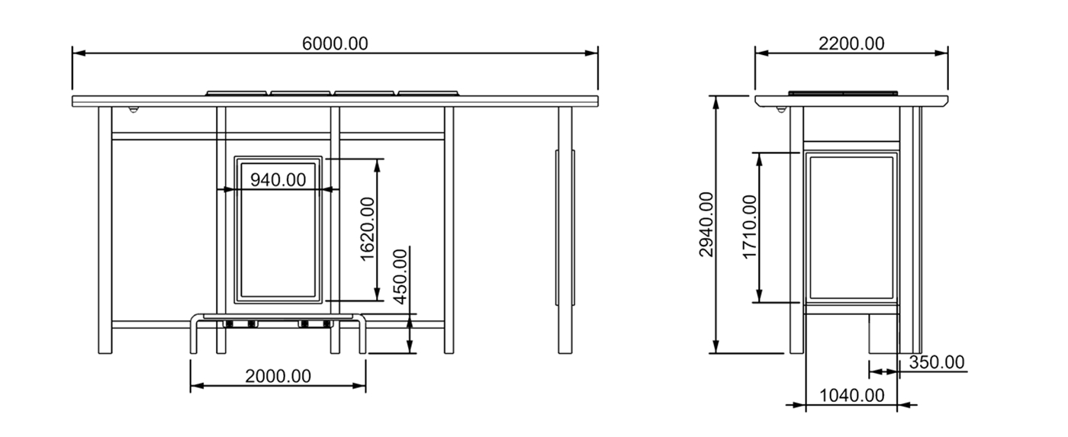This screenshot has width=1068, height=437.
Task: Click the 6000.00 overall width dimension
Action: click(335, 43)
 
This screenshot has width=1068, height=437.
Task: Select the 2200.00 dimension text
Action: click(851, 43)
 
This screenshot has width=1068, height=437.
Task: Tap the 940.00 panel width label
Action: click(278, 180)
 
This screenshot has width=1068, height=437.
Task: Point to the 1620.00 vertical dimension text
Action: click(368, 229)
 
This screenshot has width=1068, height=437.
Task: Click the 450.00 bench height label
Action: click(400, 276)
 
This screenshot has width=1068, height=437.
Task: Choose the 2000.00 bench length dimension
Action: click(278, 376)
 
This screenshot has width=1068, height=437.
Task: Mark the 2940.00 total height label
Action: click(706, 224)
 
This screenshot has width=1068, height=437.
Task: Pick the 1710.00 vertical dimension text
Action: click(751, 227)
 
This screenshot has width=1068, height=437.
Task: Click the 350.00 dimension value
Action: click(936, 362)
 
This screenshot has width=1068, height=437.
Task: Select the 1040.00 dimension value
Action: click(851, 395)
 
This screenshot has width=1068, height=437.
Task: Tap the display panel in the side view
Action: click(851, 227)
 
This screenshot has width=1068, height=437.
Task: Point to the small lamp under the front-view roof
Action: click(134, 110)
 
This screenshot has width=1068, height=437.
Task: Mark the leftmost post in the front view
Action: click(105, 229)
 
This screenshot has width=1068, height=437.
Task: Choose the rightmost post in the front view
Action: click(565, 229)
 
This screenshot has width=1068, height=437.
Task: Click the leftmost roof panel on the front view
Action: click(236, 93)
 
